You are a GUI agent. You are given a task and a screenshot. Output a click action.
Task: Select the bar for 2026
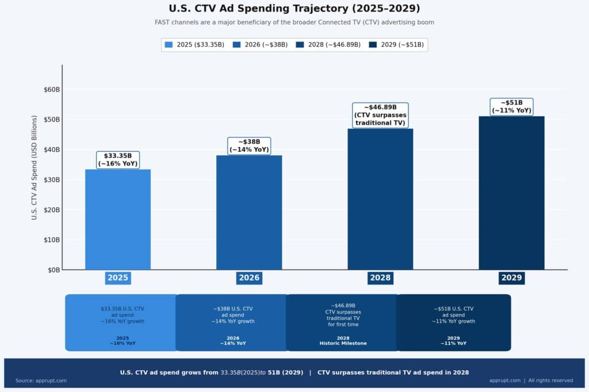[249, 212]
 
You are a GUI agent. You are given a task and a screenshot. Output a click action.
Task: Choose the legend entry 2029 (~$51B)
[396, 44]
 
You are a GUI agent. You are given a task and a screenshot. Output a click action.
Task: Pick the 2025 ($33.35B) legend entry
[194, 44]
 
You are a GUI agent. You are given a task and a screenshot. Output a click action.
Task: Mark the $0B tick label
[53, 270]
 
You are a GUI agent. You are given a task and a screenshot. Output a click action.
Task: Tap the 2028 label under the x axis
[380, 278]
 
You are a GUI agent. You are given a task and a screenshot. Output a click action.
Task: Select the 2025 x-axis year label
[118, 278]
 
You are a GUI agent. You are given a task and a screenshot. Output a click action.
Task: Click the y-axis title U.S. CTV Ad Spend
[35, 167]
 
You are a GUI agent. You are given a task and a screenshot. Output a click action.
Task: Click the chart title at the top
[294, 9]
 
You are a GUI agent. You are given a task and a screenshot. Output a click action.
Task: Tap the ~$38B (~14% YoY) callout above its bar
[249, 146]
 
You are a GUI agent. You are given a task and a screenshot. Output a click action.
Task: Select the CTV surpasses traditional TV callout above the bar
[380, 115]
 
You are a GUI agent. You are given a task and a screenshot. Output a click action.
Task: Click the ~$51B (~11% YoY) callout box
[511, 107]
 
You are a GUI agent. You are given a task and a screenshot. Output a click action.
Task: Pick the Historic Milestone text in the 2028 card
[343, 343]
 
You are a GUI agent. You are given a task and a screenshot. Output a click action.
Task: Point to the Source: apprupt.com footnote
[41, 381]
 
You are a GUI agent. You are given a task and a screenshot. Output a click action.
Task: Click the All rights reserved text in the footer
[550, 381]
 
